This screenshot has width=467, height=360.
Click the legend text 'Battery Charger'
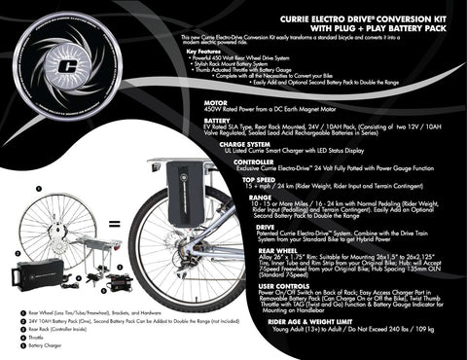coord(45,344)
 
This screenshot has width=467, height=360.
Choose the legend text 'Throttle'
coord(39,337)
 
